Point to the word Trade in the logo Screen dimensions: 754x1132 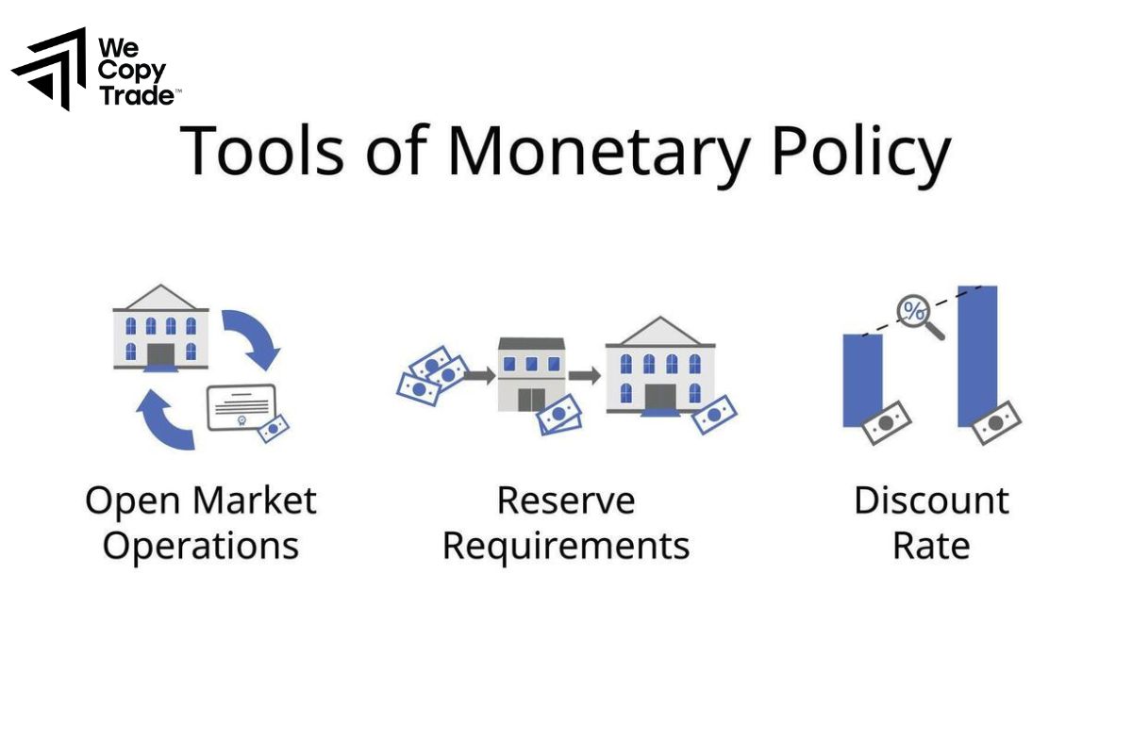(137, 95)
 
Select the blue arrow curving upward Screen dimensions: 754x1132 (165, 420)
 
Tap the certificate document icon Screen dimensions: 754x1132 (241, 407)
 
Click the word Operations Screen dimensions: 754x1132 (200, 546)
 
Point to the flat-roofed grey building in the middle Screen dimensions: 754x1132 (531, 374)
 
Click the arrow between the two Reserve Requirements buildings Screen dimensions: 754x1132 (584, 375)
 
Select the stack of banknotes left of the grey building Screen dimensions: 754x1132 (432, 374)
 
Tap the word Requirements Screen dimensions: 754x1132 (566, 546)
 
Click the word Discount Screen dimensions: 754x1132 (931, 500)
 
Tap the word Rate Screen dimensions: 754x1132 (931, 546)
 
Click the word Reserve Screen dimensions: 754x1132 (566, 500)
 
